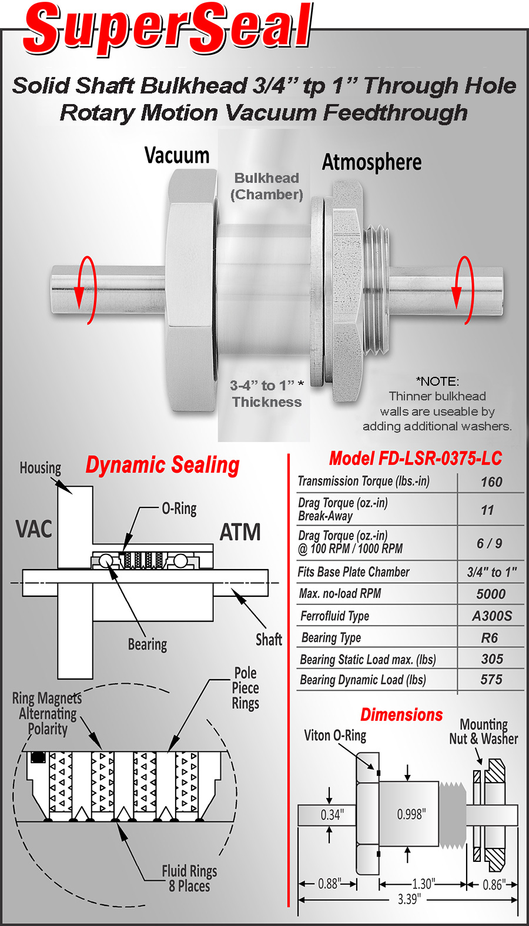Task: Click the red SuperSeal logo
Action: click(168, 29)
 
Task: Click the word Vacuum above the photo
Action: click(177, 155)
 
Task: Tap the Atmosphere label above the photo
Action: click(371, 162)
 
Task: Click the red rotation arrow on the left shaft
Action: click(86, 290)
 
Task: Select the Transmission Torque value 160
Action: click(491, 482)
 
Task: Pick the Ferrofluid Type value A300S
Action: click(492, 616)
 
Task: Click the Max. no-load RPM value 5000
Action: click(491, 594)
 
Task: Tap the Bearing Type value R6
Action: click(489, 638)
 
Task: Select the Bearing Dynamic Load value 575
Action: click(491, 679)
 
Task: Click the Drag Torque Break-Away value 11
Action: click(488, 510)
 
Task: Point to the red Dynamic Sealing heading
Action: click(162, 465)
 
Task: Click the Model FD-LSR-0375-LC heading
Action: click(416, 459)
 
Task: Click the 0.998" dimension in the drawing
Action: click(411, 814)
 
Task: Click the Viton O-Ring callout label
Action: click(335, 736)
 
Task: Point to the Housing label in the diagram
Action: click(41, 468)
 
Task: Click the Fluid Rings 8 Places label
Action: click(189, 878)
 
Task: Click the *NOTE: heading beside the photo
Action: click(437, 381)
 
